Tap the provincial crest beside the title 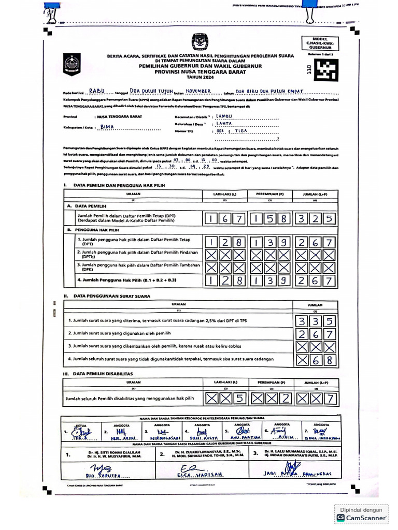click(x=72, y=65)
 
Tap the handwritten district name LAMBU click(x=225, y=117)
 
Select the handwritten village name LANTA click(x=225, y=124)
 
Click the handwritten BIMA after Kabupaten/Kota click(x=107, y=126)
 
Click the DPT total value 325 click(x=316, y=219)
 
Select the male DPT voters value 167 click(x=224, y=219)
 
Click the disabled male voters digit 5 click(x=238, y=398)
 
